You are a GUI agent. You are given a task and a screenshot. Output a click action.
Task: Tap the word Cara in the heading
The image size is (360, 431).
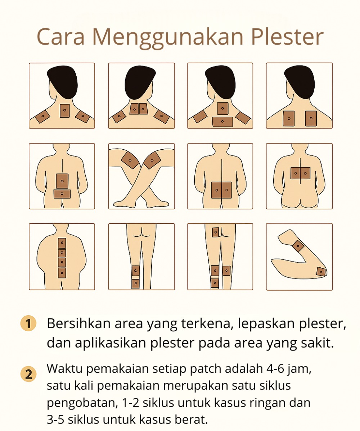click(60, 37)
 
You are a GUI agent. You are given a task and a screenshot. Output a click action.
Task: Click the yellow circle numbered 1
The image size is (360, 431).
click(28, 323)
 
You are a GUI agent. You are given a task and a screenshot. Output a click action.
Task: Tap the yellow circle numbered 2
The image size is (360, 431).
click(28, 375)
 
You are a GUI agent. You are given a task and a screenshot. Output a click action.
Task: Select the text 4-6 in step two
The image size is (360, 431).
click(275, 369)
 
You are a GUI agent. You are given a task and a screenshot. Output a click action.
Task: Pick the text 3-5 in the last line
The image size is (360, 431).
click(56, 420)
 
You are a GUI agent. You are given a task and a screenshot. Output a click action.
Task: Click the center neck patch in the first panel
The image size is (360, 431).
click(65, 110)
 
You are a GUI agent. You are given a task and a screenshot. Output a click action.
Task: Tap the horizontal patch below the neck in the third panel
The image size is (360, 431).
click(222, 122)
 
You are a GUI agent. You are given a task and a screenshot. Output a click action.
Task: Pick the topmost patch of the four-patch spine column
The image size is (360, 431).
click(62, 243)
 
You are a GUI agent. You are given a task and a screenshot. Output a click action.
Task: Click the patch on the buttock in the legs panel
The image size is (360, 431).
click(216, 232)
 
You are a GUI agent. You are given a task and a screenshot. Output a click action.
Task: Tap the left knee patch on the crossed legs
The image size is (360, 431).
click(130, 160)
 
